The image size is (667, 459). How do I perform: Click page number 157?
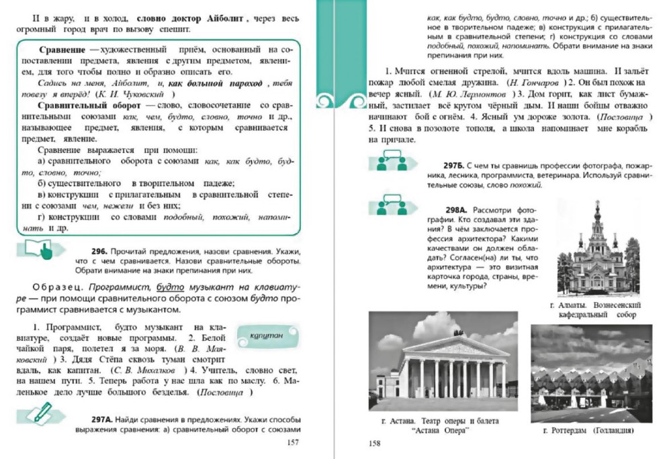click(x=292, y=442)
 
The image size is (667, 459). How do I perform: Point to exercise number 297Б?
click(x=453, y=165)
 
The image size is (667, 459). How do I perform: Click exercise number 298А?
click(x=457, y=210)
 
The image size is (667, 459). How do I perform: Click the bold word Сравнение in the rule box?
click(x=61, y=51)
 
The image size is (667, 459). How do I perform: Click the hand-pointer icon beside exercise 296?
click(x=42, y=252)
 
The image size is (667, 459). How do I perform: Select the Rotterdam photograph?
click(x=590, y=373)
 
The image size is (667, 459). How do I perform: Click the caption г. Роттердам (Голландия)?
click(x=591, y=431)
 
